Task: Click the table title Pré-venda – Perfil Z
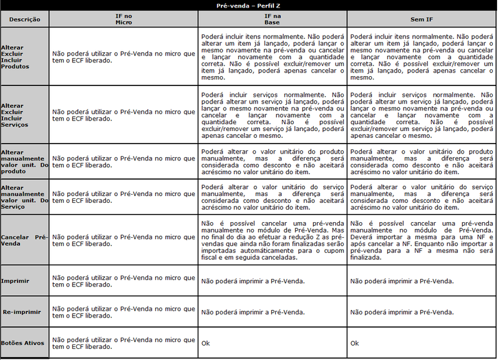(249, 6)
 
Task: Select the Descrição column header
(25, 19)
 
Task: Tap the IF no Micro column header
(124, 19)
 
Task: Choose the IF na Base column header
(272, 19)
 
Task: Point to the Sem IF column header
(422, 19)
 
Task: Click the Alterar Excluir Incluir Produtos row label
(15, 57)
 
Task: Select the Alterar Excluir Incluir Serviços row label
(15, 115)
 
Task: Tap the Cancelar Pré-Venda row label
(24, 240)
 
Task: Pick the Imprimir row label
(16, 281)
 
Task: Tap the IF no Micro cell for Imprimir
(124, 281)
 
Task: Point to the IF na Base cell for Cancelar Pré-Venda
(272, 240)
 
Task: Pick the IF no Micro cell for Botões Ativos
(124, 343)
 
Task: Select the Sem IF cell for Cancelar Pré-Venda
(422, 240)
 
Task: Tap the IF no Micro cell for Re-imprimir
(124, 311)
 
